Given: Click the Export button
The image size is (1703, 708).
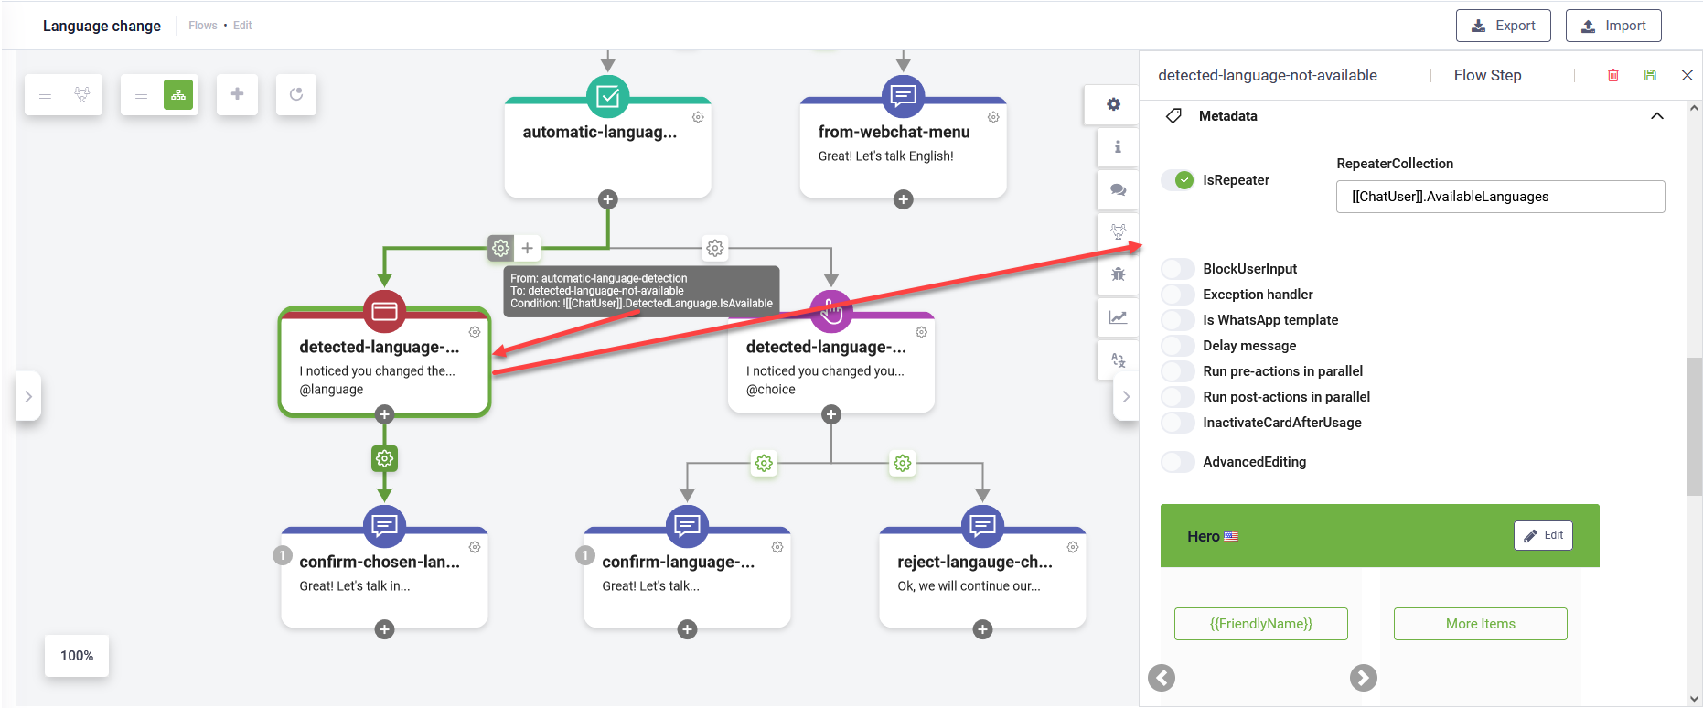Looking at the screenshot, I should (x=1503, y=26).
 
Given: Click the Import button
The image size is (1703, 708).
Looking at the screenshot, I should (x=1612, y=26).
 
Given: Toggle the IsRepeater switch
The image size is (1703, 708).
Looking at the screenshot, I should (x=1178, y=180).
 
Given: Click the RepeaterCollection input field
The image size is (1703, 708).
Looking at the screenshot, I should (x=1499, y=197).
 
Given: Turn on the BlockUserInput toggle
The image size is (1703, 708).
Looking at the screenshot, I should (x=1178, y=269).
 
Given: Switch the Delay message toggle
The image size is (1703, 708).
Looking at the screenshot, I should (x=1178, y=346).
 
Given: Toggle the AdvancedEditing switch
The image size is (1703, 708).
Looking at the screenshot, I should (x=1178, y=462).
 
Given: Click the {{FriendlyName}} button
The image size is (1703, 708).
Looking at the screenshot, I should (x=1260, y=624).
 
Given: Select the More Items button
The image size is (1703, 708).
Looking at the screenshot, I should (x=1480, y=624).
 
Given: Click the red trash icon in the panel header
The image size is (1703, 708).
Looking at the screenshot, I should (x=1613, y=75).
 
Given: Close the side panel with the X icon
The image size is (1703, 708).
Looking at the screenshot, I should (x=1687, y=75).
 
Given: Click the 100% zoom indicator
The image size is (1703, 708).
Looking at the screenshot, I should (x=77, y=656).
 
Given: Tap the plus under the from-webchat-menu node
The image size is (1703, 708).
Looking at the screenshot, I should (x=903, y=199).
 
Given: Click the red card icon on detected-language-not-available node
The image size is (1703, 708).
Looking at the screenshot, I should (x=384, y=312).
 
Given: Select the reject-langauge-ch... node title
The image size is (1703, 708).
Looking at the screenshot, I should (x=974, y=562).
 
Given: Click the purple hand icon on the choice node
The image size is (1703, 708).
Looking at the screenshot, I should (x=830, y=312).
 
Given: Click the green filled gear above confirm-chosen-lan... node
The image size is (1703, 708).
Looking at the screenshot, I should (x=384, y=458).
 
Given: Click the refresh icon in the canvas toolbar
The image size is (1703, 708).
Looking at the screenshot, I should (x=296, y=94).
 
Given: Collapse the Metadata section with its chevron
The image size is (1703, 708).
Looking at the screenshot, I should (x=1656, y=116).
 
